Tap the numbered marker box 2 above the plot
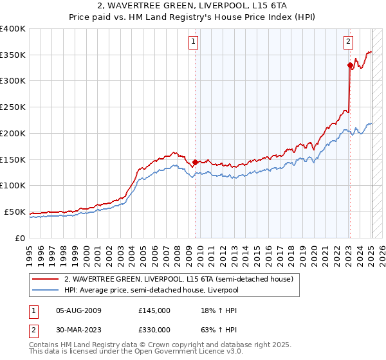coord(348,42)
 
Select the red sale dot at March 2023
coord(349,65)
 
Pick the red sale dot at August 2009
coord(195,161)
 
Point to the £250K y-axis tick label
coord(12,107)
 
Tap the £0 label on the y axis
coord(21,238)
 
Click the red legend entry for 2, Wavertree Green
coord(179,279)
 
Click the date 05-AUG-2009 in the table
coord(79,310)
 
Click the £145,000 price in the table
coord(154,310)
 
